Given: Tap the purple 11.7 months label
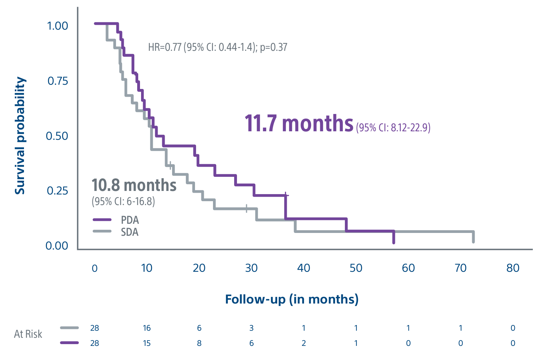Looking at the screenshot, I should pos(299,124).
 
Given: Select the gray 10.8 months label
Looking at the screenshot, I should pos(134,185).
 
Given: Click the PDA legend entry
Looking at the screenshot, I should pos(130,220).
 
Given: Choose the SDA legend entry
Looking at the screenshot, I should pos(129,232).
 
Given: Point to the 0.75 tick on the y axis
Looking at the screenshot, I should pos(57,81).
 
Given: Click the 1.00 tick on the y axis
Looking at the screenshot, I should pos(57,26).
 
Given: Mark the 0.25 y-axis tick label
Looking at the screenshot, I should pos(57,191).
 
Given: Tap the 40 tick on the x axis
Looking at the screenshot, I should pos(304,268).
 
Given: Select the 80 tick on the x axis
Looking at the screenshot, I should pos(513,268).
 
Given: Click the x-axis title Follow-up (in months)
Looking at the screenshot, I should pos(292,299).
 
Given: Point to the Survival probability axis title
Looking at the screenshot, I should pos(20,136).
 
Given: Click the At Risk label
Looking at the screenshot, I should pos(28,334).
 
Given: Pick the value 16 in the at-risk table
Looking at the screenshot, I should pos(147,328).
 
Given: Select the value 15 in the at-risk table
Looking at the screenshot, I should pos(147,343).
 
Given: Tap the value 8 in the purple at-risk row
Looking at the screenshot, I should pos(199,343).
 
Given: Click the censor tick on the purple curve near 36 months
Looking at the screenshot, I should pos(286,195).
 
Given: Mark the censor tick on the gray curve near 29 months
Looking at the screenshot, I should pos(246,208).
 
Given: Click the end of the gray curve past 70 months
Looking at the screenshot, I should pos(473,241).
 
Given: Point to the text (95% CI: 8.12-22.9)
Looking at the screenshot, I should pos(393,127).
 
